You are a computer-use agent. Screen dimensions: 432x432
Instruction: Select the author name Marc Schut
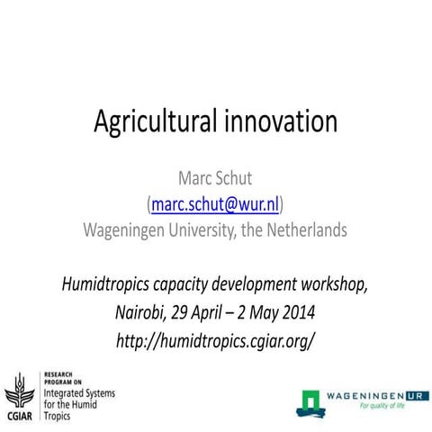click(x=215, y=180)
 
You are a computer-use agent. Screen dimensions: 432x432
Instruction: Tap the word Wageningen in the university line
click(x=132, y=229)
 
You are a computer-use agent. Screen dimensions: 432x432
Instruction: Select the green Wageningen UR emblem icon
click(x=310, y=402)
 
